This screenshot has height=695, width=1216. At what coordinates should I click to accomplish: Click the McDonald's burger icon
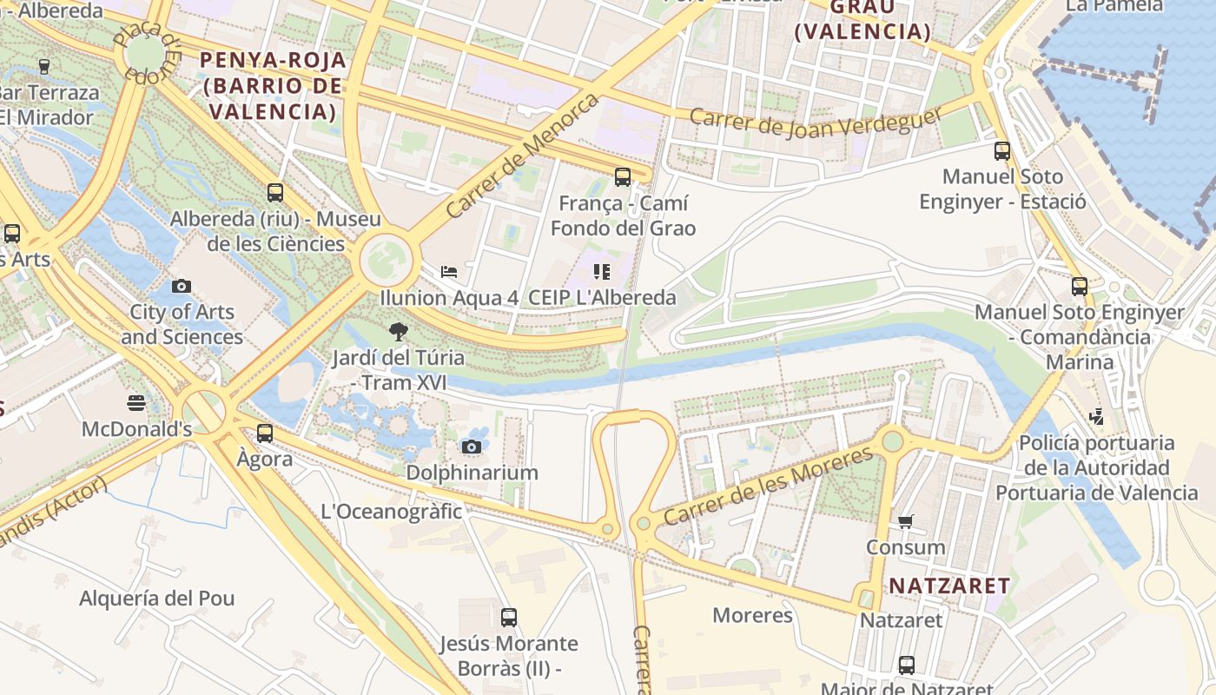point(135,402)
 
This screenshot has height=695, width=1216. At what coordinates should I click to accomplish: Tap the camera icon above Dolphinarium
point(472,447)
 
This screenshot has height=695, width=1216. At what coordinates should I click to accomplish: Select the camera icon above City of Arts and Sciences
point(182,286)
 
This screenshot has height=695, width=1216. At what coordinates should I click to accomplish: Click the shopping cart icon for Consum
point(906,521)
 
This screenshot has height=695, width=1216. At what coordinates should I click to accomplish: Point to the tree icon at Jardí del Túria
point(398,331)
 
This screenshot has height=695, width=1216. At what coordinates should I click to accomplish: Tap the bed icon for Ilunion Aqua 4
point(449,272)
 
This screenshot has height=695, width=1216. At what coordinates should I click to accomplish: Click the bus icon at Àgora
point(265,433)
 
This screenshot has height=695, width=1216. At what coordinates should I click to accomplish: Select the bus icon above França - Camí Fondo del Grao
point(623,177)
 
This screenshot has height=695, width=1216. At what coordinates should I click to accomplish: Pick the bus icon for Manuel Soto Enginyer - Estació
point(1002,151)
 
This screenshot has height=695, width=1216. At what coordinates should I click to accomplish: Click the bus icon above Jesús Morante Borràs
point(509,618)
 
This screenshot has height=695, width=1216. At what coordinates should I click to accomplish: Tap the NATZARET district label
point(949,586)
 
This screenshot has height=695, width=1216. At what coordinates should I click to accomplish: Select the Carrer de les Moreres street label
point(768,486)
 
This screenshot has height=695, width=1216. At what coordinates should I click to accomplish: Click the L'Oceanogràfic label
point(392,511)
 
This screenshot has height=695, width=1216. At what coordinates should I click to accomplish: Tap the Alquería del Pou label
point(157,599)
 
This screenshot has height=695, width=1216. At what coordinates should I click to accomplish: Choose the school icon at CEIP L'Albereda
point(602,272)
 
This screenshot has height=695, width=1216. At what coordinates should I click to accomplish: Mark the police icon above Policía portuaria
point(1097,417)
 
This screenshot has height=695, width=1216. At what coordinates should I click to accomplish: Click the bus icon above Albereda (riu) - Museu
point(275,193)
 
